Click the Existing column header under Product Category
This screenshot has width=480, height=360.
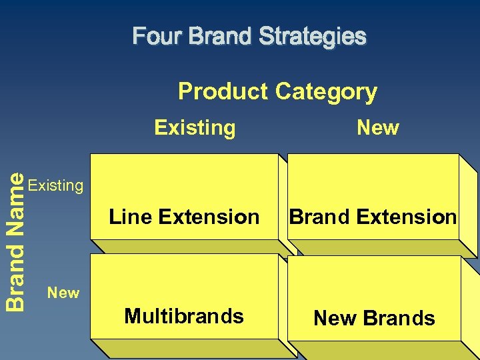[x=195, y=127]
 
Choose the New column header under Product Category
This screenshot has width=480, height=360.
[x=378, y=127]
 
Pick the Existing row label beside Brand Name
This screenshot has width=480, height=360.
[x=57, y=185]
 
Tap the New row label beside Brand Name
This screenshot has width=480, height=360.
[x=63, y=293]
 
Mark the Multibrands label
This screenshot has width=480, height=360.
[x=184, y=316]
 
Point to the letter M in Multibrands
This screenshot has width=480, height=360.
[x=132, y=316]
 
